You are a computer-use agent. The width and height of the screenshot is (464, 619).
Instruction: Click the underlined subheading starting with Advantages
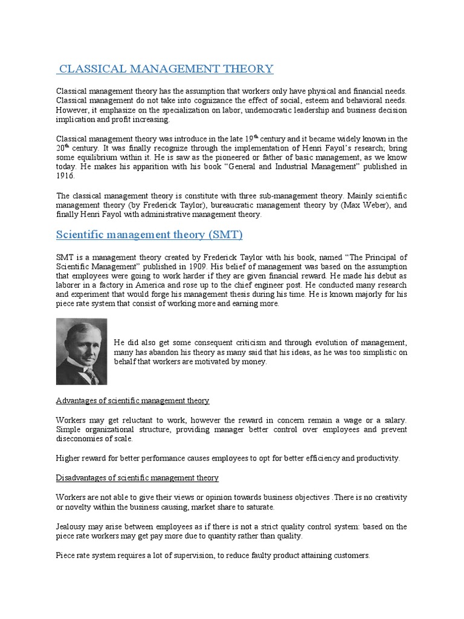132,400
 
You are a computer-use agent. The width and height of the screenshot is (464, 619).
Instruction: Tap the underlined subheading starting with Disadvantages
137,478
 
